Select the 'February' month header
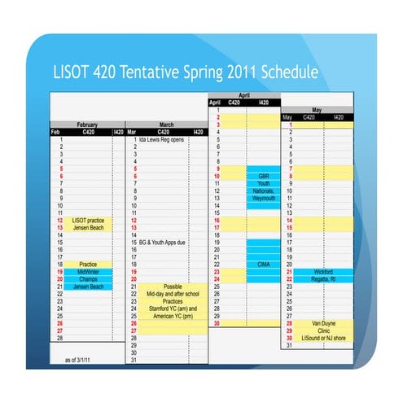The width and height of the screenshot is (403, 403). [x=87, y=125]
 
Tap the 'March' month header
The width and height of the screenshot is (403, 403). [x=166, y=125]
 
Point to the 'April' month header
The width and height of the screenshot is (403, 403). [x=243, y=95]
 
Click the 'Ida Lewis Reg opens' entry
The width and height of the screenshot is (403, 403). [x=163, y=140]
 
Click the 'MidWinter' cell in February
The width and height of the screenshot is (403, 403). [x=88, y=272]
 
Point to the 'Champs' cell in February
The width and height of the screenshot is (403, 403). [x=88, y=279]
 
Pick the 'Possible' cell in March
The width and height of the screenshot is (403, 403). [x=173, y=287]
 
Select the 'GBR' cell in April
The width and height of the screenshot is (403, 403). [x=264, y=176]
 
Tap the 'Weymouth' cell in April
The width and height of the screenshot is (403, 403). [x=264, y=198]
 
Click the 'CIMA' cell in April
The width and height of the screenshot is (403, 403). [x=264, y=265]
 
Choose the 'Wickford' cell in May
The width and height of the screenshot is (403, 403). [x=322, y=272]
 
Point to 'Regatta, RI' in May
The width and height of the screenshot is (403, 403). [x=322, y=279]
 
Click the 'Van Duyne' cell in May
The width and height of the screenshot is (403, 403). [x=323, y=323]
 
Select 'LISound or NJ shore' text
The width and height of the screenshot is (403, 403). [x=323, y=338]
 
